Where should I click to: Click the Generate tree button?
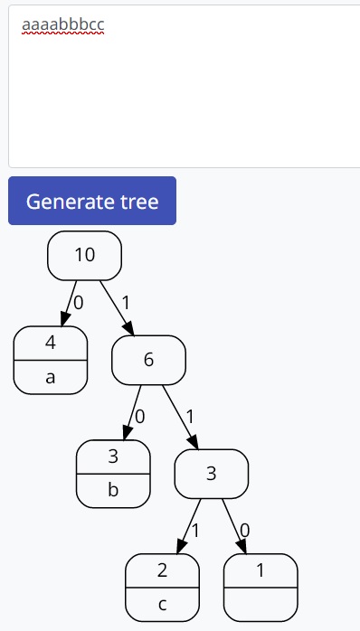click(x=91, y=201)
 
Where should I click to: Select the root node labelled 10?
click(x=84, y=255)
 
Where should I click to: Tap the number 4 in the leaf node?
click(x=51, y=343)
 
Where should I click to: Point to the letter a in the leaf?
click(x=51, y=377)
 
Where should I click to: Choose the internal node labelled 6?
click(x=148, y=360)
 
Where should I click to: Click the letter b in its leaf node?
click(x=113, y=491)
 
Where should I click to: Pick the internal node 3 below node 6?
click(x=211, y=474)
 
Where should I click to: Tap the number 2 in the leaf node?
click(x=163, y=570)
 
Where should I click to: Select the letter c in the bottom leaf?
click(x=163, y=604)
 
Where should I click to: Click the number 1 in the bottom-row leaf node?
click(x=261, y=570)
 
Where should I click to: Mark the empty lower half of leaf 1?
click(x=261, y=604)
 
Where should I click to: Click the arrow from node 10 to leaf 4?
click(x=68, y=302)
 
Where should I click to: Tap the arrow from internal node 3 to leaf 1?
click(x=235, y=525)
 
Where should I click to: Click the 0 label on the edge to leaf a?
click(x=78, y=303)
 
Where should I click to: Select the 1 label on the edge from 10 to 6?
click(x=126, y=302)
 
